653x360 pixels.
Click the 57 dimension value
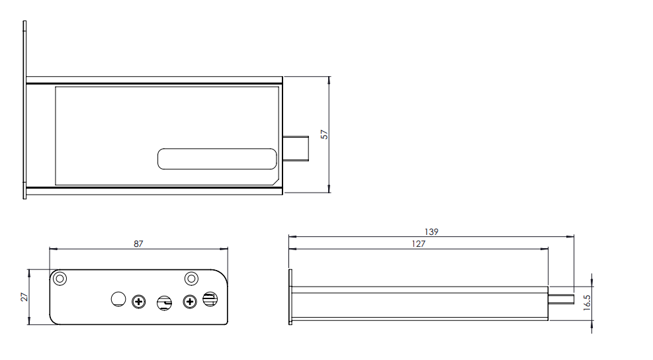pyautogui.click(x=324, y=134)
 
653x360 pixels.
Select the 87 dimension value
pyautogui.click(x=138, y=244)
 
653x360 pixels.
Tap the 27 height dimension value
pyautogui.click(x=24, y=296)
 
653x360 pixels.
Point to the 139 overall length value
pyautogui.click(x=431, y=232)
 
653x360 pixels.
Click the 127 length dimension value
pyautogui.click(x=417, y=244)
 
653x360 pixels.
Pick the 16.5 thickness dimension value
pyautogui.click(x=586, y=303)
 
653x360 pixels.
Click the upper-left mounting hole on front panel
pyautogui.click(x=60, y=278)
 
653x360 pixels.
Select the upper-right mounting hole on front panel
pyautogui.click(x=191, y=278)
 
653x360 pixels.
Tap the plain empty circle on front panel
pyautogui.click(x=118, y=299)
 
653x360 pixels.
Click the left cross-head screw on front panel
pyautogui.click(x=138, y=302)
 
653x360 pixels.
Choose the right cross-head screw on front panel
pyautogui.click(x=190, y=302)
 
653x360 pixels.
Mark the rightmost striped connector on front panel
pyautogui.click(x=210, y=299)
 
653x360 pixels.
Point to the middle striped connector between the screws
pyautogui.click(x=163, y=303)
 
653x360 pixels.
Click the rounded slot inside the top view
pyautogui.click(x=216, y=159)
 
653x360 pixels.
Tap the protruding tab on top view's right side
pyautogui.click(x=296, y=148)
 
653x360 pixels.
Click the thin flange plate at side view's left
pyautogui.click(x=290, y=296)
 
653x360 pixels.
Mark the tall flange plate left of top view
pyautogui.click(x=24, y=109)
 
